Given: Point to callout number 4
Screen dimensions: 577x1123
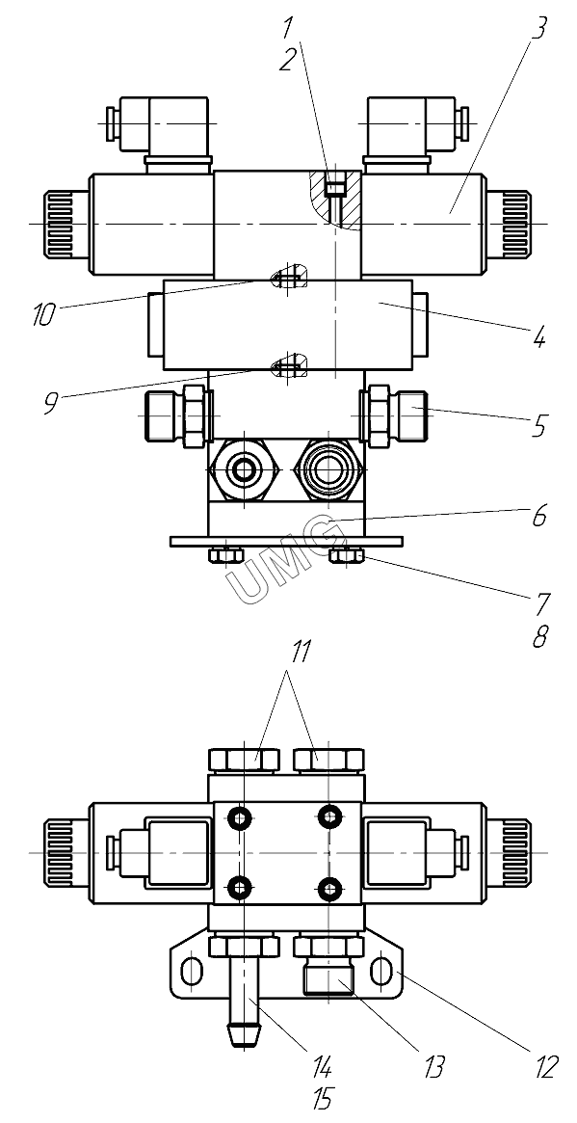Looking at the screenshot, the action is pyautogui.click(x=539, y=335).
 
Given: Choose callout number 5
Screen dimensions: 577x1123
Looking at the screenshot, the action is pyautogui.click(x=539, y=426).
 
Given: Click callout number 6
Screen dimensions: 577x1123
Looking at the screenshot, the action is pyautogui.click(x=539, y=515).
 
